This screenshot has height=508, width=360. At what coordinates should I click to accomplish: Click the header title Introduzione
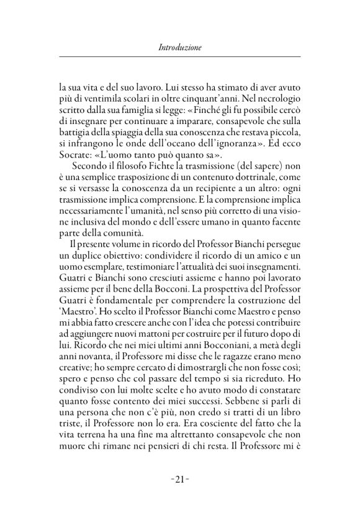coord(180,47)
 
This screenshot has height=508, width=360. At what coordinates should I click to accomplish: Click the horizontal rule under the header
coord(180,57)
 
